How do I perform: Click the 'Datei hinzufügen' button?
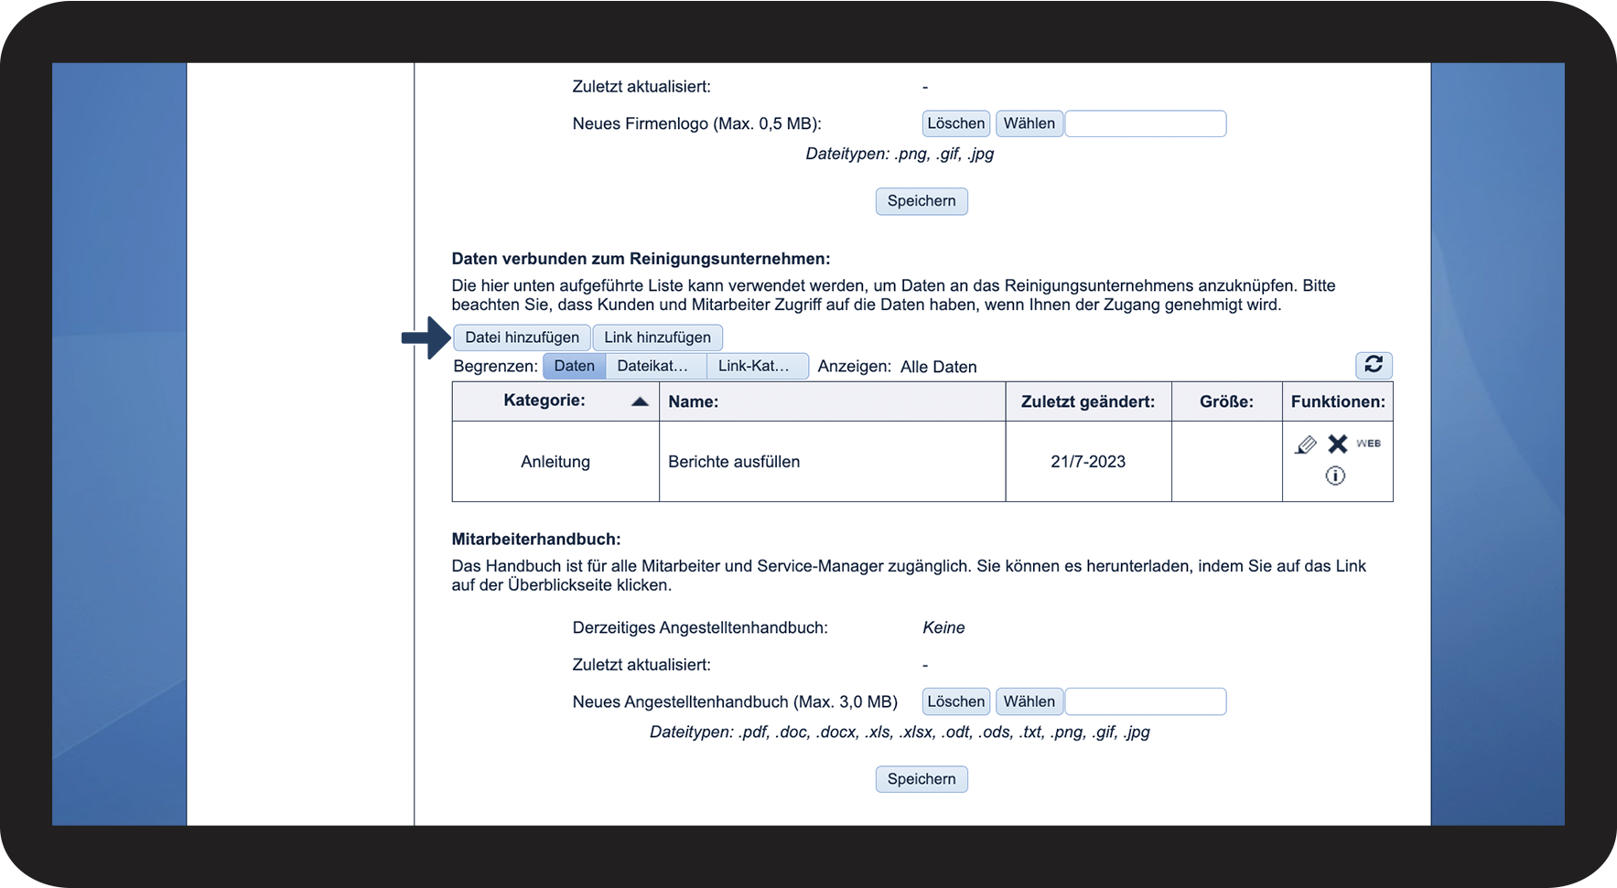point(522,337)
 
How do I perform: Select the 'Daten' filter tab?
point(574,366)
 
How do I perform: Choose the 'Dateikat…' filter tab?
point(652,366)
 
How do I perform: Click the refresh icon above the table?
point(1374,365)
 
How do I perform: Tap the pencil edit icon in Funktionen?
point(1306,444)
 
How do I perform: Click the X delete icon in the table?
point(1338,444)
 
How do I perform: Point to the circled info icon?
point(1335,476)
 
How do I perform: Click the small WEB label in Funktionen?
point(1368,444)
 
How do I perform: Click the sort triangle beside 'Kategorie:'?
point(640,401)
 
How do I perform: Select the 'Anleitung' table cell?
point(555,462)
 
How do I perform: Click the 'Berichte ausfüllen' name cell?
point(734,462)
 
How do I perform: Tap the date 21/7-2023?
point(1088,462)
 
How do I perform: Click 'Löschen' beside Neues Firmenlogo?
point(955,123)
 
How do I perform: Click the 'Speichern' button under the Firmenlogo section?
point(921,201)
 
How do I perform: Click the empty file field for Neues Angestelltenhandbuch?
point(1146,701)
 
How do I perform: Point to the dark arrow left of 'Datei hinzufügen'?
point(426,338)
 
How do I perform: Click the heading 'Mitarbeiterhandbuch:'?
point(536,540)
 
